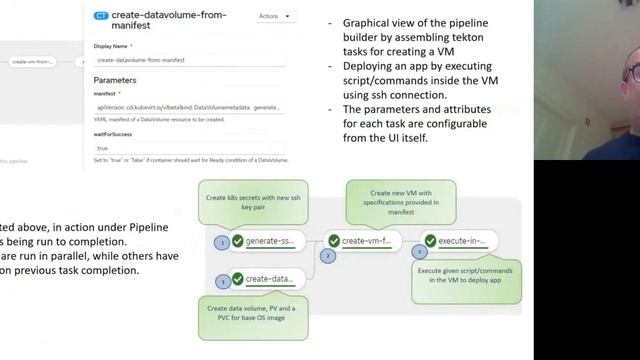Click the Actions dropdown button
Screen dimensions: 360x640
point(275,16)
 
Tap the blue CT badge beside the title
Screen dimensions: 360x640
point(102,16)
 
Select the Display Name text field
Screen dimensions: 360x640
point(189,60)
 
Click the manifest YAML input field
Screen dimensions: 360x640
point(189,106)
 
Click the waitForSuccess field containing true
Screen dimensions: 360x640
point(189,148)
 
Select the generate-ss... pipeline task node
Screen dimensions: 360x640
point(263,241)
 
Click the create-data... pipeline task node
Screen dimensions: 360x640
point(263,279)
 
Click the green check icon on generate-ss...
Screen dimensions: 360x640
point(237,241)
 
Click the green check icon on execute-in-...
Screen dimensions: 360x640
point(432,241)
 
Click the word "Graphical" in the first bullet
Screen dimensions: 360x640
point(364,22)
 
